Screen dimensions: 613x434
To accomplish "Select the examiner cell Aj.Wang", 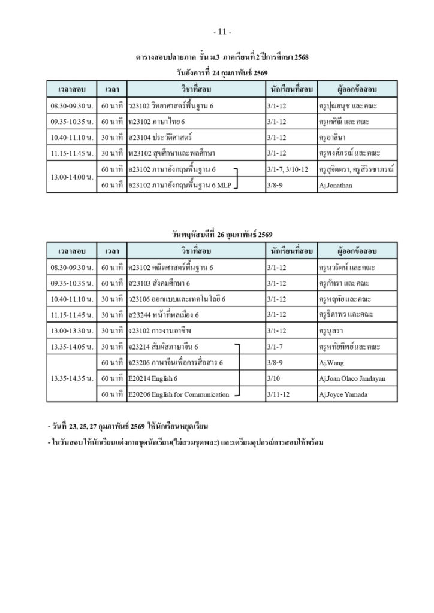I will point(331,363).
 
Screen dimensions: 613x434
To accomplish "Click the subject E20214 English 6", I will point(153,378).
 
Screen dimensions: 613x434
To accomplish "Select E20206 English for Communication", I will point(179,394).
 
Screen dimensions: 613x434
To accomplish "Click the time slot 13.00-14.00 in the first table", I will point(72,177).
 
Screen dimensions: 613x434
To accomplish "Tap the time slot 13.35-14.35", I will point(72,378).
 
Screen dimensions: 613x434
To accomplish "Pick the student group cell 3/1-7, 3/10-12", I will point(288,169).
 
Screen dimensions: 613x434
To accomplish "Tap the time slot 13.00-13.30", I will point(72,330).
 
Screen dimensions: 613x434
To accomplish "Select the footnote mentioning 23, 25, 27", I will point(127,427).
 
